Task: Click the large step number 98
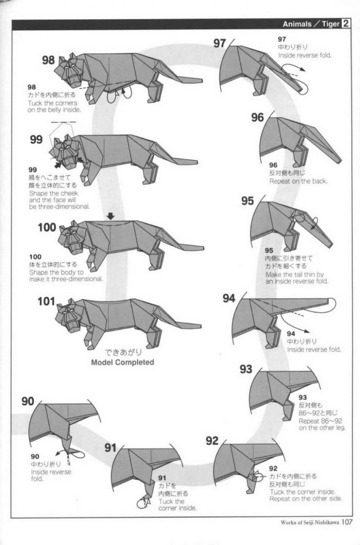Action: (x=48, y=60)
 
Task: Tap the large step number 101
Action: (x=46, y=301)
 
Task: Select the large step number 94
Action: (x=229, y=298)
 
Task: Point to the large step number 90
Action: (x=28, y=401)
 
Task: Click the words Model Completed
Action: (x=123, y=362)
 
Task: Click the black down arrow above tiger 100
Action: (x=111, y=216)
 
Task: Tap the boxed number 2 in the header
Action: (x=346, y=23)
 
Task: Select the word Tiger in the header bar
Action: (x=331, y=24)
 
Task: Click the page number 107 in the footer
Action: (x=347, y=522)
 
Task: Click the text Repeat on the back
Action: (x=298, y=181)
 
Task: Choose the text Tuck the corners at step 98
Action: (x=52, y=103)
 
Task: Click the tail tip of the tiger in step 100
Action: (x=203, y=249)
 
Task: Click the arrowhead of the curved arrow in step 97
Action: (x=303, y=70)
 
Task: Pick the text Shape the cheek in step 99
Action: (x=53, y=193)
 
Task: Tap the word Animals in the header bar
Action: (x=297, y=24)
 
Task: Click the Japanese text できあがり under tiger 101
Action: (x=123, y=352)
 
